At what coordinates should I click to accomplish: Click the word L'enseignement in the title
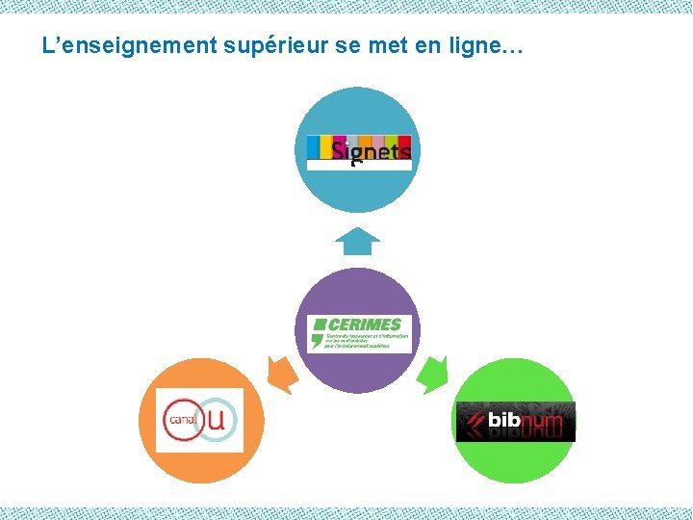point(129,44)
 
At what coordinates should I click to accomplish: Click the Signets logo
point(359,151)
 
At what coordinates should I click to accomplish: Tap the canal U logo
point(200,420)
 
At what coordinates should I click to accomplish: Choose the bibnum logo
point(515,421)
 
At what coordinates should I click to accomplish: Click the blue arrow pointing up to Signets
point(359,241)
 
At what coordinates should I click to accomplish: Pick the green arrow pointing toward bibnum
point(434,374)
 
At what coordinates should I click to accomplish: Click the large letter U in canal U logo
point(218,419)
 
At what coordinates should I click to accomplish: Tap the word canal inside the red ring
point(181,420)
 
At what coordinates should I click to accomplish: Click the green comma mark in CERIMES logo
point(317,339)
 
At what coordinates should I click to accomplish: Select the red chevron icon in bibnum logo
point(473,420)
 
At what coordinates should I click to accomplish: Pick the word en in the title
point(439,45)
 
